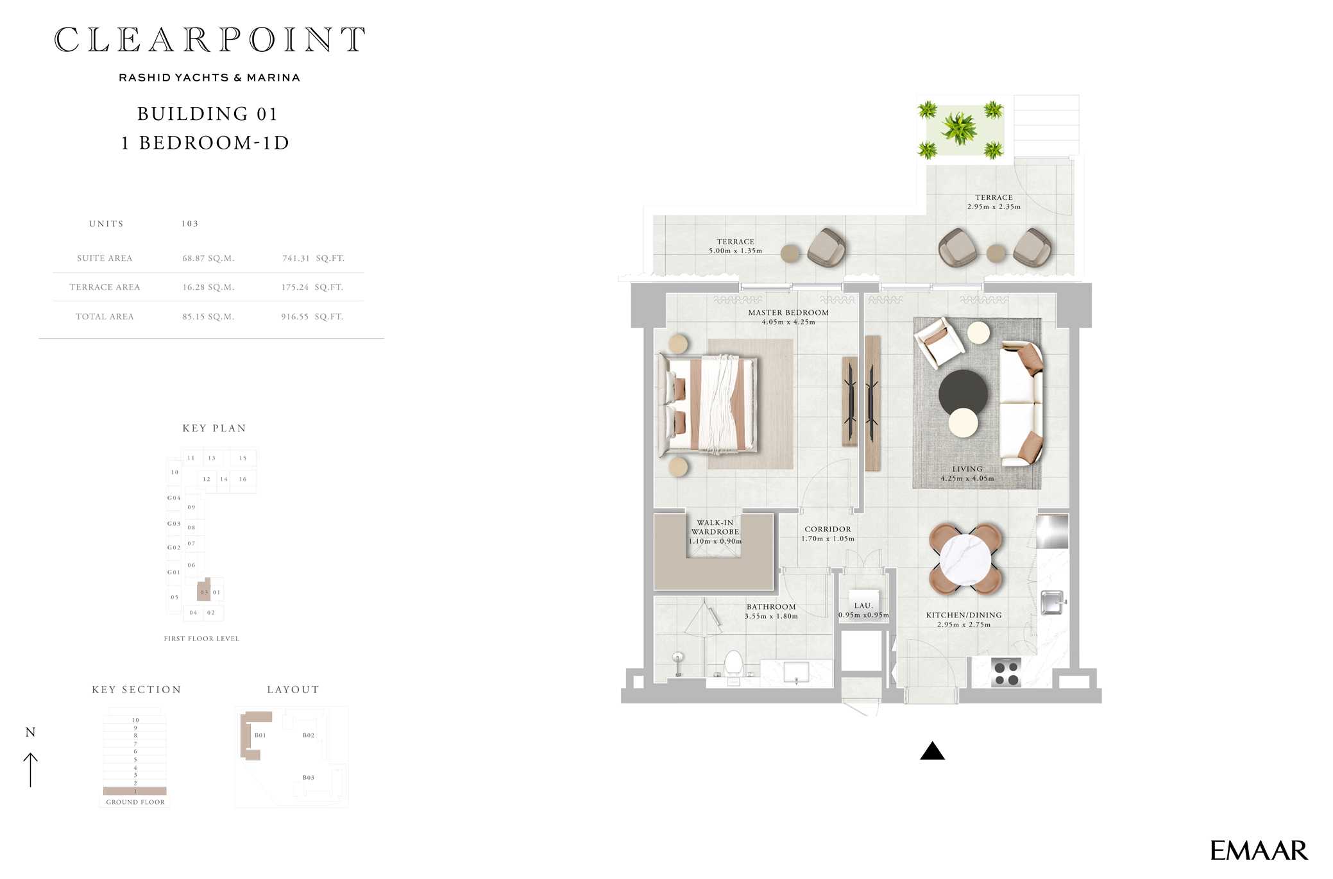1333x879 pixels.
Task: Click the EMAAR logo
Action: [1258, 851]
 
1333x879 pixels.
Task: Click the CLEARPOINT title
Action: [210, 40]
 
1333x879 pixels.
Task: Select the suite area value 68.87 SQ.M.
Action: [208, 258]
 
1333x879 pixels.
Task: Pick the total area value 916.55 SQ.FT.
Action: [312, 317]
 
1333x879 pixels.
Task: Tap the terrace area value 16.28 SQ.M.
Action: [208, 287]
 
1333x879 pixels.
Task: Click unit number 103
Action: [190, 224]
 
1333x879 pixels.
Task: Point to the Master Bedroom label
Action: [788, 313]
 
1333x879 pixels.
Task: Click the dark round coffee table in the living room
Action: [962, 392]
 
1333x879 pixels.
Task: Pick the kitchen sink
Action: [1051, 602]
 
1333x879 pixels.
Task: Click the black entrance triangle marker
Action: [932, 752]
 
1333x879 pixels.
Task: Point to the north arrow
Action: [30, 769]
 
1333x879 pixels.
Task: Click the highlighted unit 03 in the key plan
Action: [204, 591]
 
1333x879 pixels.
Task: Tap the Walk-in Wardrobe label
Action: [715, 527]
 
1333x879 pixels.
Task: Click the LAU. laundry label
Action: [863, 605]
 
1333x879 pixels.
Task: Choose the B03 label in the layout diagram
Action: [309, 778]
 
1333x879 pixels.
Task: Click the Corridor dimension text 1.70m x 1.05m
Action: [828, 539]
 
